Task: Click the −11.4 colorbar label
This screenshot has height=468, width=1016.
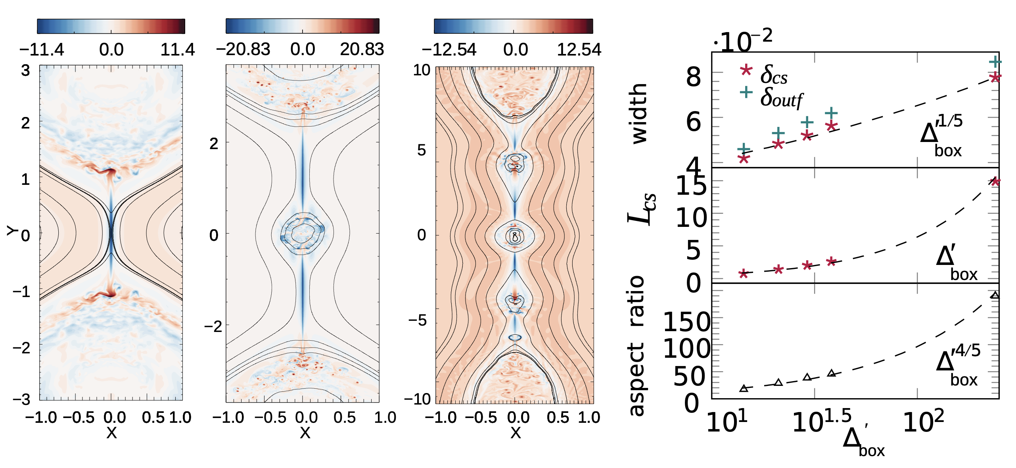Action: click(42, 50)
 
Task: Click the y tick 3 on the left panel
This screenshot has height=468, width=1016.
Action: click(25, 71)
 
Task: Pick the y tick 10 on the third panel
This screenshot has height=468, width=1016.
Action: click(422, 71)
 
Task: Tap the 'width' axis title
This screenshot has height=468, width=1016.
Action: click(639, 113)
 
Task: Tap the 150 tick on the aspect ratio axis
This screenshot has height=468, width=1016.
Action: click(687, 322)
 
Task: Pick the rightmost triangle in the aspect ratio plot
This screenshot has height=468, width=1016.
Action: click(995, 295)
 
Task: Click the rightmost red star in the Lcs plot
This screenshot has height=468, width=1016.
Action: click(995, 182)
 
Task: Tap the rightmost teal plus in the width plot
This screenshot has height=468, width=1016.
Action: click(995, 62)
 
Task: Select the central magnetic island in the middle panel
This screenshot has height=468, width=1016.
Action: click(303, 234)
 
